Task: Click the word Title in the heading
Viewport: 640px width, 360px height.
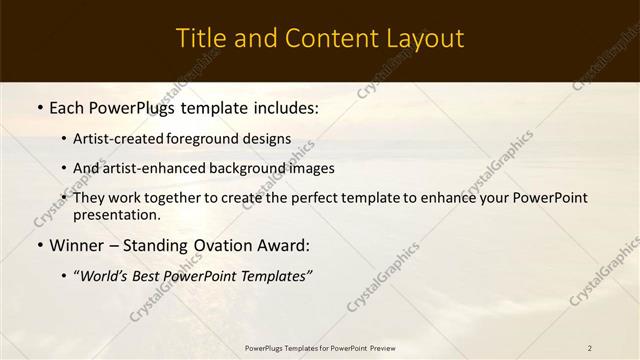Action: pos(199,39)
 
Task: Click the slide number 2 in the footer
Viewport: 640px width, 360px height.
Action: pos(590,347)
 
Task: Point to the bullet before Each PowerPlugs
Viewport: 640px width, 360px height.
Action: pos(39,107)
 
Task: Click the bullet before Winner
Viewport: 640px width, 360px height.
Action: pos(39,245)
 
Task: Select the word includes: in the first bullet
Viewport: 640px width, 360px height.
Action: pos(284,107)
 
